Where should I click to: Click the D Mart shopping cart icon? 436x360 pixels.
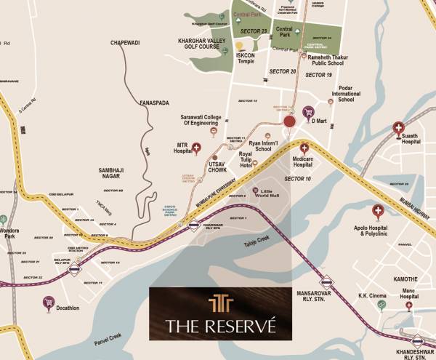pos(308,113)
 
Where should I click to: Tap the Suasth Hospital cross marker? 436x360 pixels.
pos(398,129)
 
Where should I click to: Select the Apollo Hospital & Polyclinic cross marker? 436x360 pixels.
pos(378,211)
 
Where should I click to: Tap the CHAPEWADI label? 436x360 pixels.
pos(125,43)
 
